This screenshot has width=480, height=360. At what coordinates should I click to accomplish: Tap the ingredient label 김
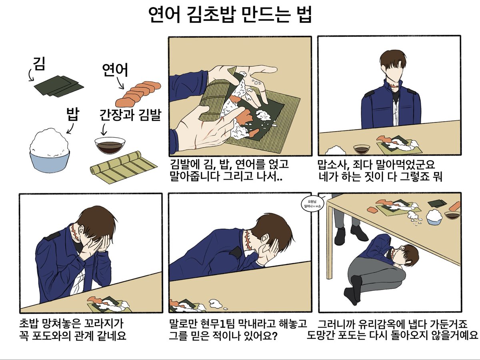(39, 64)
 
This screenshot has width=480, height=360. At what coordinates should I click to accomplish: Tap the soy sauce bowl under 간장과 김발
(110, 145)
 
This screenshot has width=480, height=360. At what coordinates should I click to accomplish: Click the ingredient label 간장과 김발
(130, 116)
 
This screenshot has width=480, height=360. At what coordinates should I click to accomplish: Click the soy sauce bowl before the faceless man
(361, 148)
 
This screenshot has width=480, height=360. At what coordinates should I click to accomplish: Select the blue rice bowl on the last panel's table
(435, 218)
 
